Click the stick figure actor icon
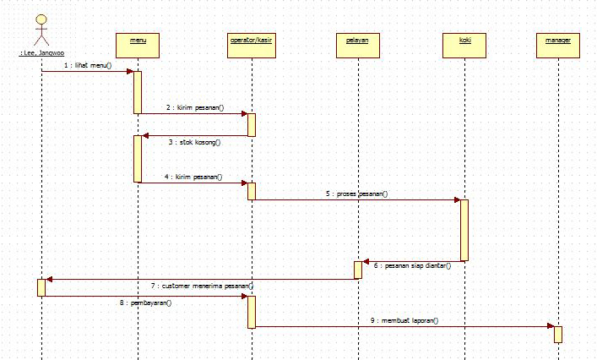coord(41,30)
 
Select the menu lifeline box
coord(137,42)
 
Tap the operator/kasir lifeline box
coord(251,42)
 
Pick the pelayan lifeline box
coord(357,42)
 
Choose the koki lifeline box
coord(464,42)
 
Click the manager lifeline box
coord(557,42)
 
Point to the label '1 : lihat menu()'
coord(87,65)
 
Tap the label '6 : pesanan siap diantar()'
coord(412,265)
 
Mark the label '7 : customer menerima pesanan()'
coord(203,286)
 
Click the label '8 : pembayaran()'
coord(145,302)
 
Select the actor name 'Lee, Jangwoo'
coord(42,53)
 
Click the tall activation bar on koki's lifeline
coord(464,230)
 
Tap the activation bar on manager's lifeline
coord(557,333)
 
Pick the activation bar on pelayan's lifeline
coord(357,270)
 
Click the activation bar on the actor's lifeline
coord(41,287)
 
